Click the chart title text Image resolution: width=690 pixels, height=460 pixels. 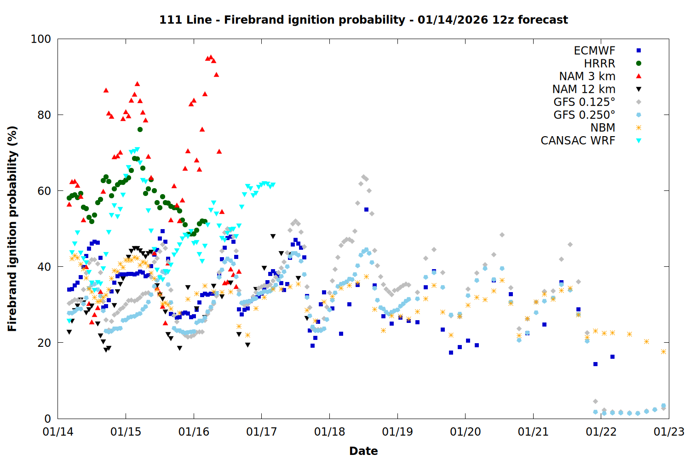[363, 20]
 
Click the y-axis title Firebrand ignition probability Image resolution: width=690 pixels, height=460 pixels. [12, 229]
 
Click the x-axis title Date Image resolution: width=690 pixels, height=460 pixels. [363, 451]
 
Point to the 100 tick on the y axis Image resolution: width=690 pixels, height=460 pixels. [41, 39]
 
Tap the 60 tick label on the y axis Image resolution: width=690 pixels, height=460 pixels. [44, 191]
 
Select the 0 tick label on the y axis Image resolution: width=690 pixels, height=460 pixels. [47, 419]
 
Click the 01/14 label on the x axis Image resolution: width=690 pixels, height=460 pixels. [58, 432]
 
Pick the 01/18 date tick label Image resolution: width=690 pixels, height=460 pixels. [329, 432]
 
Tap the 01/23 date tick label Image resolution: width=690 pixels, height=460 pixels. [669, 432]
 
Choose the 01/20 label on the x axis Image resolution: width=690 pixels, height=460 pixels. [465, 432]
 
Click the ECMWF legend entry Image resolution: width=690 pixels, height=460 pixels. [594, 51]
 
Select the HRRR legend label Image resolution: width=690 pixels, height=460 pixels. [599, 63]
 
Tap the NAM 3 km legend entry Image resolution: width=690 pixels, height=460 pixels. [587, 76]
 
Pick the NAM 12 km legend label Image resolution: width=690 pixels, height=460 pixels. [584, 89]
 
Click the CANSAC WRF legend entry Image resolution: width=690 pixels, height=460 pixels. [578, 141]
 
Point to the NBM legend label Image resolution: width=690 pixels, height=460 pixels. [603, 128]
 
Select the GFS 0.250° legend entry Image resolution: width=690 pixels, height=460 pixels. [584, 115]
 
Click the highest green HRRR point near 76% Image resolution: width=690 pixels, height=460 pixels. [140, 130]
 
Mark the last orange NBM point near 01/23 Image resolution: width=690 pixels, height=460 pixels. [663, 351]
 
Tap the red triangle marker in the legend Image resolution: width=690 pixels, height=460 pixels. [638, 76]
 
